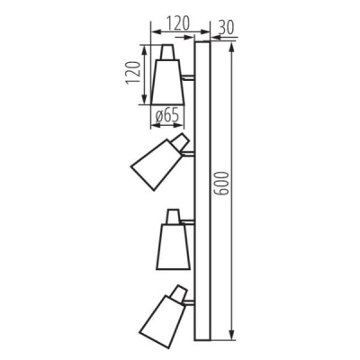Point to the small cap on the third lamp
pos(173,215)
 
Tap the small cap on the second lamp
pos(181,140)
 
